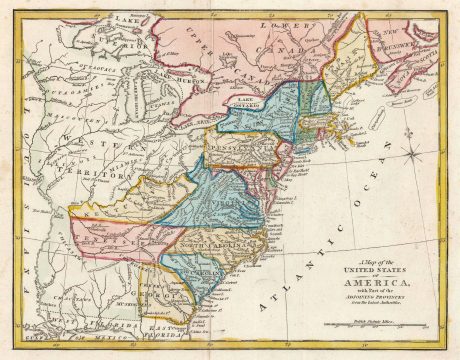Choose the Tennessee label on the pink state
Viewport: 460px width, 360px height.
100,239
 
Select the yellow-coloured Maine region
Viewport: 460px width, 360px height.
349,60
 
